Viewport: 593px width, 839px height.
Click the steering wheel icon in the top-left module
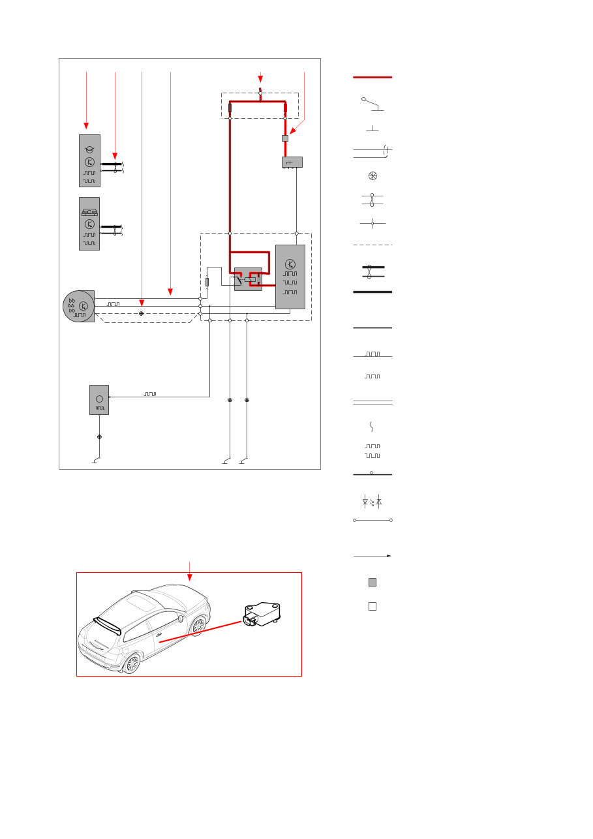(x=89, y=149)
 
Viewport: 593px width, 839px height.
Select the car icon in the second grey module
(x=89, y=212)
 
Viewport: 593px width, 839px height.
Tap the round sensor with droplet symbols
(x=78, y=306)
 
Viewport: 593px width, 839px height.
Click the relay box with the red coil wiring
(x=248, y=279)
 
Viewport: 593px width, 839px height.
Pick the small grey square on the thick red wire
(x=285, y=138)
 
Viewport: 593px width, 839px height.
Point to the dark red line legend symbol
(x=373, y=78)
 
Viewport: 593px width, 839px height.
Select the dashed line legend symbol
(x=373, y=245)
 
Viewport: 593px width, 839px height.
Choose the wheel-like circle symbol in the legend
(x=373, y=176)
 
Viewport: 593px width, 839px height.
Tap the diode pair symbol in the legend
(x=372, y=502)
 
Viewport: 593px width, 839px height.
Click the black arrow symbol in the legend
(x=373, y=556)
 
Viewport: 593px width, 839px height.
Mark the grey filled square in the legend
(x=373, y=582)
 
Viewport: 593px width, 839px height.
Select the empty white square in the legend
(x=373, y=606)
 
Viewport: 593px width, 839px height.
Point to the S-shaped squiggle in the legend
(x=372, y=427)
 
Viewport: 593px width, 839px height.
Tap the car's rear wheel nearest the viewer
(x=132, y=664)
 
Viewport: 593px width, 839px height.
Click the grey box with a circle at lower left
(x=99, y=399)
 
